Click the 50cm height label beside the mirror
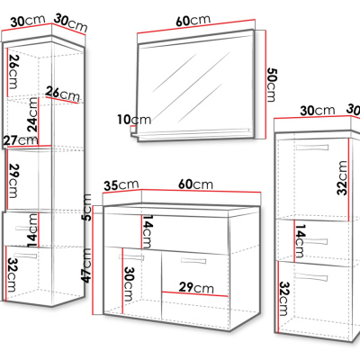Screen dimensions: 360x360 pyautogui.click(x=272, y=85)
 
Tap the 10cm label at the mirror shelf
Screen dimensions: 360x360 pyautogui.click(x=134, y=120)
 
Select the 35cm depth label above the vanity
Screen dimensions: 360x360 pyautogui.click(x=121, y=185)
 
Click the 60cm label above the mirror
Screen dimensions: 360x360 pyautogui.click(x=193, y=20)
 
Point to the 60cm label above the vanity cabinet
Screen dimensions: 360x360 pyautogui.click(x=195, y=184)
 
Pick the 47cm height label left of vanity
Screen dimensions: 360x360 pyautogui.click(x=86, y=265)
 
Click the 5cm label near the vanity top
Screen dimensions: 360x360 pyautogui.click(x=86, y=208)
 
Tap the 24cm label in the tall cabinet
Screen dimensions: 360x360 pyautogui.click(x=32, y=114)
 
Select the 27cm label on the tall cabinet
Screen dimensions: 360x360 pyautogui.click(x=21, y=140)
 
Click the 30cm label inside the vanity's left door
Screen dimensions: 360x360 pyautogui.click(x=128, y=284)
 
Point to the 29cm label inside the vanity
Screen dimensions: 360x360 pyautogui.click(x=196, y=288)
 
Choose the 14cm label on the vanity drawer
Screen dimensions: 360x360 pyautogui.click(x=148, y=231)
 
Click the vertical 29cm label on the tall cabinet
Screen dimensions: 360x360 pyautogui.click(x=13, y=181)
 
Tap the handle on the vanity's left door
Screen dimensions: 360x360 pyautogui.click(x=131, y=257)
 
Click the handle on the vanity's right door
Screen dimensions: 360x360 pyautogui.click(x=193, y=260)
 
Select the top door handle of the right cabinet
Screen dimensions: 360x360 pyautogui.click(x=312, y=148)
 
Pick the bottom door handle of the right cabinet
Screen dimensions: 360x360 pyautogui.click(x=310, y=276)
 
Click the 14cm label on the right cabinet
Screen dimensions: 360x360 pyautogui.click(x=300, y=241)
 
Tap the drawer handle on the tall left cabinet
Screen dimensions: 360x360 pyautogui.click(x=27, y=229)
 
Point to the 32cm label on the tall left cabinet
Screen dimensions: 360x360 pyautogui.click(x=12, y=275)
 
